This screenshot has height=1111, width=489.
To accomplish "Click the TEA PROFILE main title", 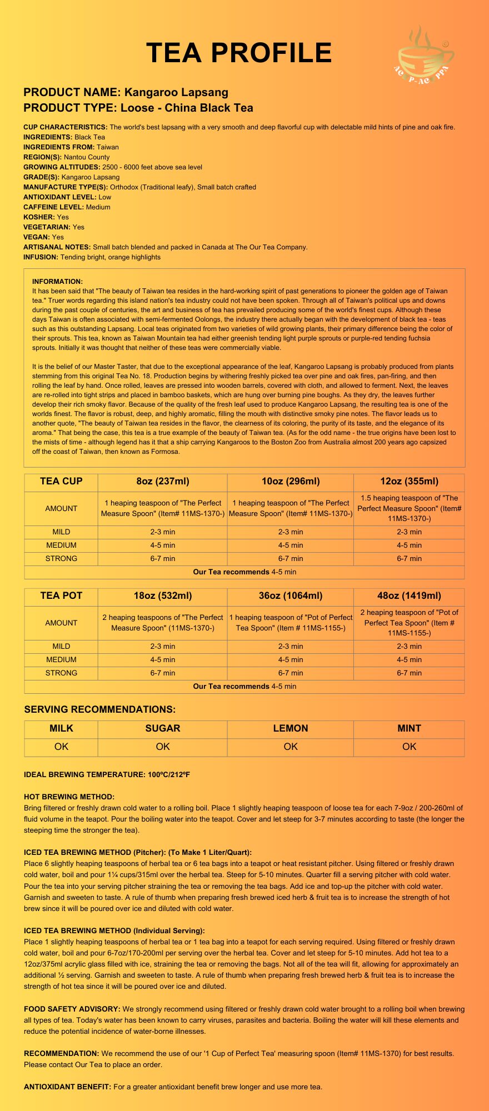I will pyautogui.click(x=239, y=53).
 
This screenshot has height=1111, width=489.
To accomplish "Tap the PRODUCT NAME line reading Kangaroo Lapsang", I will pyautogui.click(x=126, y=92).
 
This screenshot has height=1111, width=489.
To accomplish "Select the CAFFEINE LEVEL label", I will pyautogui.click(x=53, y=207).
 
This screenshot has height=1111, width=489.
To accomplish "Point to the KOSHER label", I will pyautogui.click(x=39, y=217).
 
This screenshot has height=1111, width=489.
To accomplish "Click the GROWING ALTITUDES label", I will pyautogui.click(x=62, y=167).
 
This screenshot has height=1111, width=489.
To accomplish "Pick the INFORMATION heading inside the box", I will pyautogui.click(x=57, y=282).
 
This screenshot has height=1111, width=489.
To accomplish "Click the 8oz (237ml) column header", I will pyautogui.click(x=162, y=482).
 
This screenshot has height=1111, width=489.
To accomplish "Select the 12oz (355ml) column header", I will pyautogui.click(x=409, y=482).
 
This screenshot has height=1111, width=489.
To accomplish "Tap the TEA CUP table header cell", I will pyautogui.click(x=61, y=482).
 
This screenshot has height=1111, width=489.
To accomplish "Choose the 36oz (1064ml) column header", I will pyautogui.click(x=290, y=596).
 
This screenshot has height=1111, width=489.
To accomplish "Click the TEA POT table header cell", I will pyautogui.click(x=61, y=596).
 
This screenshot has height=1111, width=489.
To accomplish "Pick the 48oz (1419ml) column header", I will pyautogui.click(x=409, y=596).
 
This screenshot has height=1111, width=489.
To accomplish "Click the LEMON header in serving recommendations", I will pyautogui.click(x=290, y=728).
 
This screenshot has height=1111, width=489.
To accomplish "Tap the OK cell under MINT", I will pyautogui.click(x=409, y=747).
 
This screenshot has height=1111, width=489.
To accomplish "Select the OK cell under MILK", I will pyautogui.click(x=61, y=747).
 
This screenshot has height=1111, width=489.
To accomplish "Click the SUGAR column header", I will pyautogui.click(x=162, y=728).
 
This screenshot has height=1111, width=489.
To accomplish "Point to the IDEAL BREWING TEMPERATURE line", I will pyautogui.click(x=107, y=775).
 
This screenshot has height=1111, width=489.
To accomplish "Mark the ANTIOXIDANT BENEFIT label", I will pyautogui.click(x=67, y=1087).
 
